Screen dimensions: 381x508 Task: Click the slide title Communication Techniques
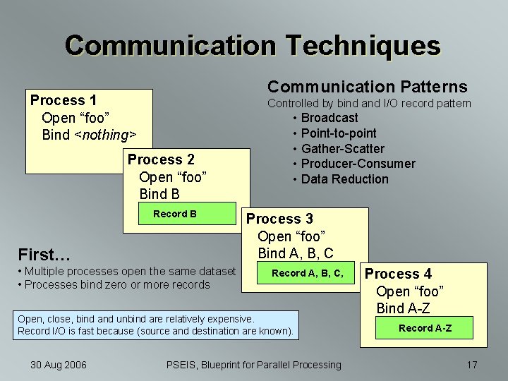point(253,45)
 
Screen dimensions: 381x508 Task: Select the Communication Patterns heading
point(367,87)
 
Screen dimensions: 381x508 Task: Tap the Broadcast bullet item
point(329,118)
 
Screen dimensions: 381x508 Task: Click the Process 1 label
point(64,100)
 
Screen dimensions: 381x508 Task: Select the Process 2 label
point(161,159)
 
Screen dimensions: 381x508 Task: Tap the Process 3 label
point(279,219)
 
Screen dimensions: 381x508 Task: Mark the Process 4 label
point(398,274)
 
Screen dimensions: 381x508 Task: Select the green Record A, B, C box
point(308,273)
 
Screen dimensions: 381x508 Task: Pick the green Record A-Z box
point(425,328)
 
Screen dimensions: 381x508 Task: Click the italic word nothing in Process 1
point(105,135)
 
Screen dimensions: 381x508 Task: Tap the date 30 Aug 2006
point(59,365)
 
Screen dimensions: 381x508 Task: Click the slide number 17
point(472,365)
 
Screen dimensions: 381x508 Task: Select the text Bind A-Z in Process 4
point(403,308)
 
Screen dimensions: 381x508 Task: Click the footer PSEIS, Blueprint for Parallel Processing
point(253,365)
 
